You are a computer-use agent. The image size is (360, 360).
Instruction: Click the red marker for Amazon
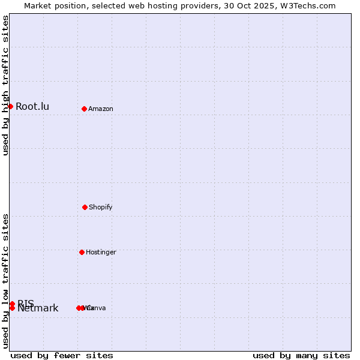point(84,109)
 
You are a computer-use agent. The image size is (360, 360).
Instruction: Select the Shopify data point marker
point(85,207)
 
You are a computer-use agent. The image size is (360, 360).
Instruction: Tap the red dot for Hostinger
point(82,252)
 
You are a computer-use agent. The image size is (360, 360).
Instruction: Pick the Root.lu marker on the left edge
point(10,106)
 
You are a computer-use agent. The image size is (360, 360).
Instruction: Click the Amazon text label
point(101,109)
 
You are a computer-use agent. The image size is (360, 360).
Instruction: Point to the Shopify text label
point(101,207)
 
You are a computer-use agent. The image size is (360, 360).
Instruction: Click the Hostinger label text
point(101,252)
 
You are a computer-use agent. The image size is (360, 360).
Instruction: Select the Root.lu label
point(32,106)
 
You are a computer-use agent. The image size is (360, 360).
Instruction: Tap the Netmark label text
point(38,308)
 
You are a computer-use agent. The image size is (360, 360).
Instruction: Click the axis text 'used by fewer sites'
point(62,355)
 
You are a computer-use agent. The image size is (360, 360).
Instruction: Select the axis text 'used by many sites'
point(301,355)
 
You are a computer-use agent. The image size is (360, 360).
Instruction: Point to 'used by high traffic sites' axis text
point(5,85)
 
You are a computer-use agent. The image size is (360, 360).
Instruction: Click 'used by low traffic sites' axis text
point(5,281)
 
